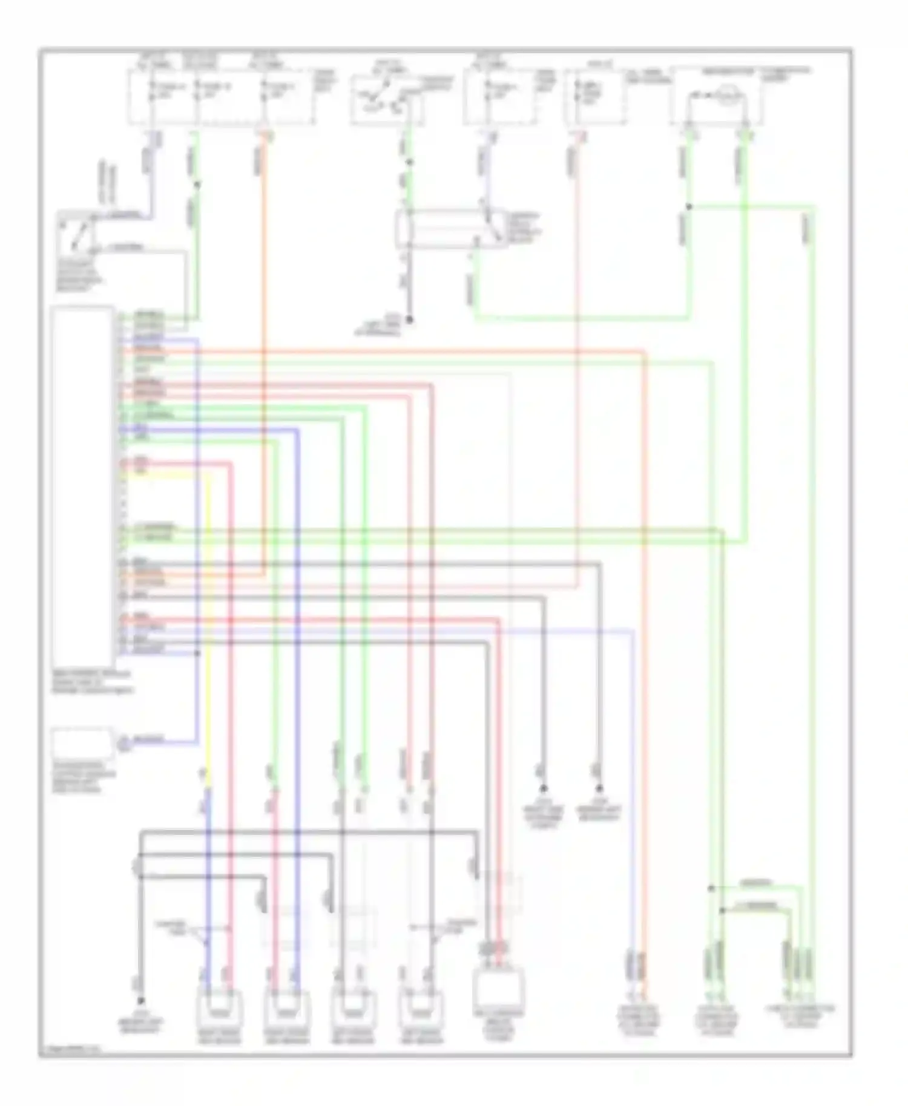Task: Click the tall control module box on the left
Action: pos(82,484)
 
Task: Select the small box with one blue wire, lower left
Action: pos(82,743)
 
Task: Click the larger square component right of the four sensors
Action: pos(500,990)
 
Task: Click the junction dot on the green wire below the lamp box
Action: pos(688,207)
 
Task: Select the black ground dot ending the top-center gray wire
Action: pos(409,319)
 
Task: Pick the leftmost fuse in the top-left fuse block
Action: pos(151,92)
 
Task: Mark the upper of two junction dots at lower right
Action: pos(711,888)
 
